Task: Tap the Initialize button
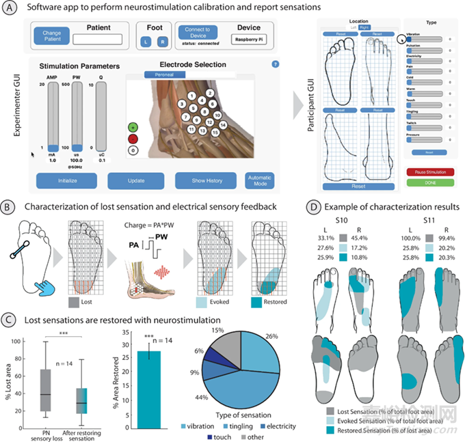tap(67, 180)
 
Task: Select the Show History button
tap(204, 180)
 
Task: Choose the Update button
tap(135, 180)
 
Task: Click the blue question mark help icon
tap(275, 64)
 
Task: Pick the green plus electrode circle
tap(133, 127)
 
